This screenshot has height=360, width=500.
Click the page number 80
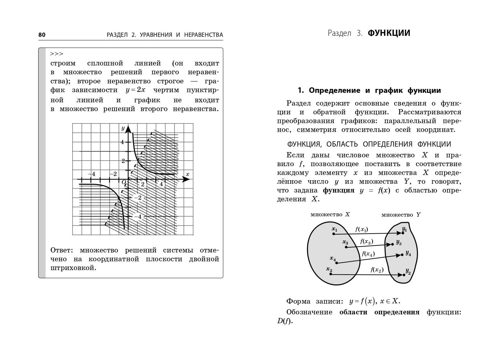42,35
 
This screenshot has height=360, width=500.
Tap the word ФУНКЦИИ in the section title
389,33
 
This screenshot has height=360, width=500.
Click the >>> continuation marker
56,54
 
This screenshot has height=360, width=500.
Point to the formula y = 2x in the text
135,90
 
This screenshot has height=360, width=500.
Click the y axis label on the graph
123,128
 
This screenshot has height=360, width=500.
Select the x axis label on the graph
187,174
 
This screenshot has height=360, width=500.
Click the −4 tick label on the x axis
92,174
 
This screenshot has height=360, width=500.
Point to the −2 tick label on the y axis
138,198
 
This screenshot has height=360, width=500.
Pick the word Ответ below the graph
62,250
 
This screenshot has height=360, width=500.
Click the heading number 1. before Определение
301,91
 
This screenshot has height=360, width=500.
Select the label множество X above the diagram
330,214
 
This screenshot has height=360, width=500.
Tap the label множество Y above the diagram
401,215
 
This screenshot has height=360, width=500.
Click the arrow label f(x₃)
366,242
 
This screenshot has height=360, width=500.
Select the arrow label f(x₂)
377,270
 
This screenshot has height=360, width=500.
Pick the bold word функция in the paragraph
339,191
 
